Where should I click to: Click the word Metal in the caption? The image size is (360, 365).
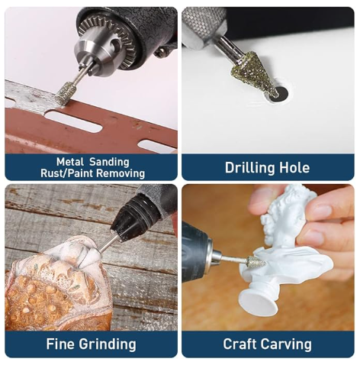(70, 162)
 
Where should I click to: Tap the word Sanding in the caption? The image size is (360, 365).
(109, 163)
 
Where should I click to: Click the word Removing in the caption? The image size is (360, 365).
(121, 174)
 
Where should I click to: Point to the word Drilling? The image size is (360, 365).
(250, 168)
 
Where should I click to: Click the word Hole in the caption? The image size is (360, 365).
(294, 168)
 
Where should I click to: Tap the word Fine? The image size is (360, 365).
(60, 344)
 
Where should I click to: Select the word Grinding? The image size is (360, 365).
(108, 344)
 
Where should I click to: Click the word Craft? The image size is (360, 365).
(239, 344)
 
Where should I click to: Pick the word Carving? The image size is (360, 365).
(286, 345)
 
